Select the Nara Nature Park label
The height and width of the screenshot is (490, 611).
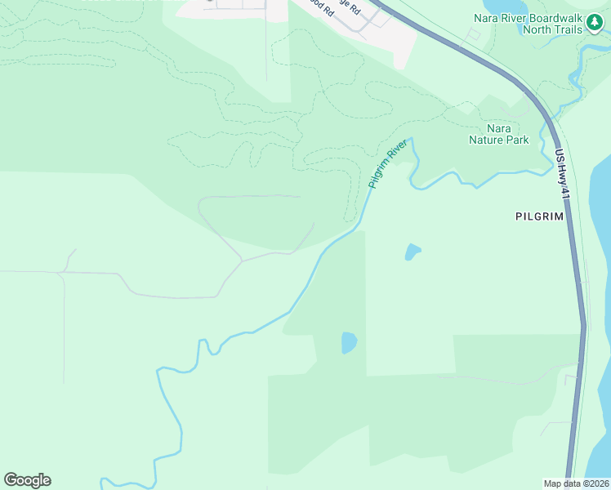[x=498, y=134]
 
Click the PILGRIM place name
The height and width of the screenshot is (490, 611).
[x=540, y=216]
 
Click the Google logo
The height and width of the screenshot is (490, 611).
[x=27, y=480]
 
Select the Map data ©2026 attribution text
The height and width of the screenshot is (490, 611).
[x=577, y=483]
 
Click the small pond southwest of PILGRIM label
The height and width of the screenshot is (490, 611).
[x=413, y=252]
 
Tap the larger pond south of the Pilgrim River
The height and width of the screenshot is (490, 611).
[x=349, y=342]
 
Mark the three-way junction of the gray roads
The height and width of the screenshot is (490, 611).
[x=241, y=261]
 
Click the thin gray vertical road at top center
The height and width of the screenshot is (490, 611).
[x=266, y=49]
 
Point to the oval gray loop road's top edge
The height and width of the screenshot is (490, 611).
[x=249, y=196]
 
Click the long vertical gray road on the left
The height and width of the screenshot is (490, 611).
[x=64, y=327]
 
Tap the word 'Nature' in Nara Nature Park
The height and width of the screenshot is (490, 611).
[x=498, y=140]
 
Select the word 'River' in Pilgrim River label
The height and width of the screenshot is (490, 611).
[x=396, y=151]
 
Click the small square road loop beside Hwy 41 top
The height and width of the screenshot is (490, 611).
[x=473, y=34]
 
